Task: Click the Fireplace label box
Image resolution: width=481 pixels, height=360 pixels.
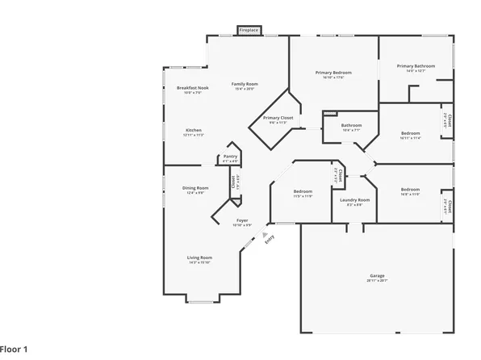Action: click(x=249, y=31)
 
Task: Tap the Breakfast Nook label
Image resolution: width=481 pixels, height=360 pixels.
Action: click(x=193, y=88)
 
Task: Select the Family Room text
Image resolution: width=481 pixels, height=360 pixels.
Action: click(x=245, y=84)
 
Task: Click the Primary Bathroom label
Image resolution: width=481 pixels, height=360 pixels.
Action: click(x=416, y=66)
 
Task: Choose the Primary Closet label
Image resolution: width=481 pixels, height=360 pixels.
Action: click(x=278, y=118)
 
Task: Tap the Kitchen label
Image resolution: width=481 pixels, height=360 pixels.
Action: click(x=194, y=130)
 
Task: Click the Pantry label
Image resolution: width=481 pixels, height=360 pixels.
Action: click(x=231, y=157)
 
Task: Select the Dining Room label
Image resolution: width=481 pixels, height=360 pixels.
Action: click(x=196, y=188)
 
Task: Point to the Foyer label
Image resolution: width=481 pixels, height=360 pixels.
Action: click(x=242, y=220)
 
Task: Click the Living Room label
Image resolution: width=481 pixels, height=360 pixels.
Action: click(x=199, y=257)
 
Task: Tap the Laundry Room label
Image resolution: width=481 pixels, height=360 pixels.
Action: click(x=354, y=199)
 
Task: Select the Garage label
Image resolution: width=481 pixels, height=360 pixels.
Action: click(x=377, y=275)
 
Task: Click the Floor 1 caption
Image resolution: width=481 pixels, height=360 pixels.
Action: click(x=15, y=349)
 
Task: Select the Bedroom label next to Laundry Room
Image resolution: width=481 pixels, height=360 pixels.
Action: click(x=303, y=191)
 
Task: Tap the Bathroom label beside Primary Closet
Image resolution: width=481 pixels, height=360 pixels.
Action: click(x=351, y=125)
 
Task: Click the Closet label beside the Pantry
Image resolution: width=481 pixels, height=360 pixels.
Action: click(x=233, y=182)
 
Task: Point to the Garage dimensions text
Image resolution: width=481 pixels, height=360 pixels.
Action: click(x=377, y=280)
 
